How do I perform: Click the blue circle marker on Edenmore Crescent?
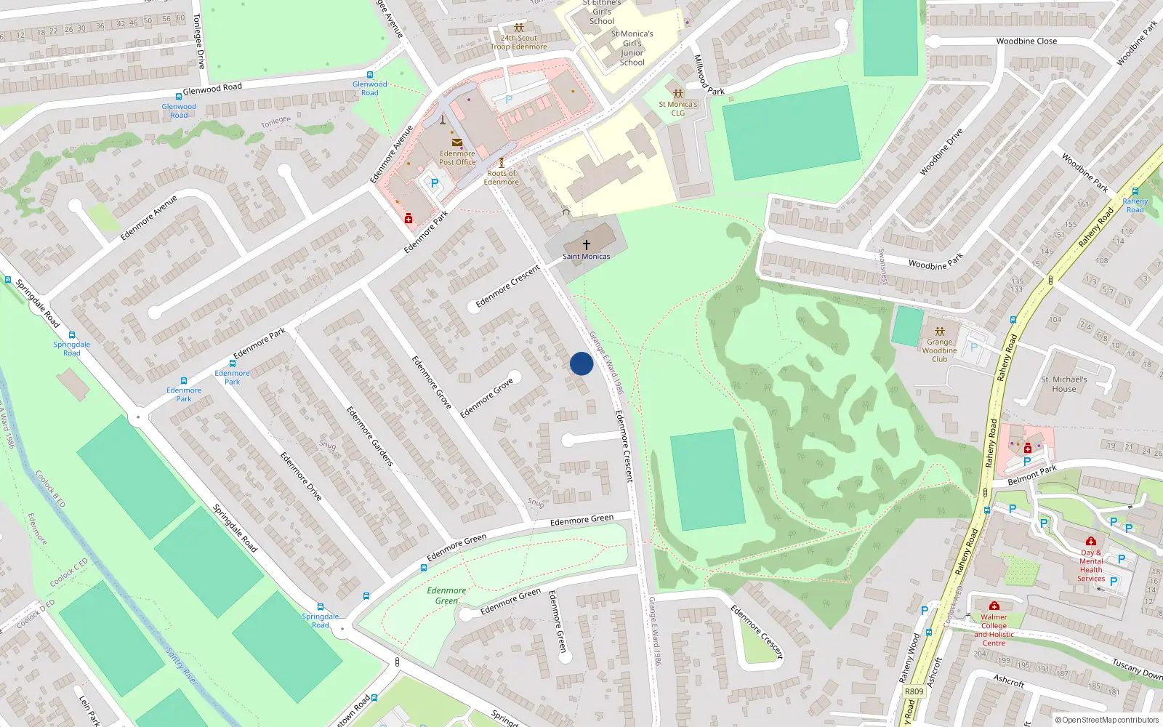pos(581,363)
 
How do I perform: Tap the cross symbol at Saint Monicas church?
pos(587,245)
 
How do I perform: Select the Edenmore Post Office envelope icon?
pos(456,142)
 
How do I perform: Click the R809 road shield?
pos(914,691)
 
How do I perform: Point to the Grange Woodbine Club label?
pos(939,350)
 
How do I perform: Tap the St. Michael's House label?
pos(1063,384)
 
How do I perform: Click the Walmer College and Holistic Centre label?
pos(994,630)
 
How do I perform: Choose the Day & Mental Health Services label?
pos(1090,565)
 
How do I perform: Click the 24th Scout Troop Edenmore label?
pos(518,42)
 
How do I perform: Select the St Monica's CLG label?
pos(677,108)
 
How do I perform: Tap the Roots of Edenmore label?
pos(502,177)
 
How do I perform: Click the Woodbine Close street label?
pos(1026,41)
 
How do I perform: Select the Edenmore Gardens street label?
pos(369,436)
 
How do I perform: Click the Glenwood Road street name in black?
pos(212,89)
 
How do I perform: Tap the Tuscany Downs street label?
pos(1137,668)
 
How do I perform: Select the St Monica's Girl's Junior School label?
pos(632,48)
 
